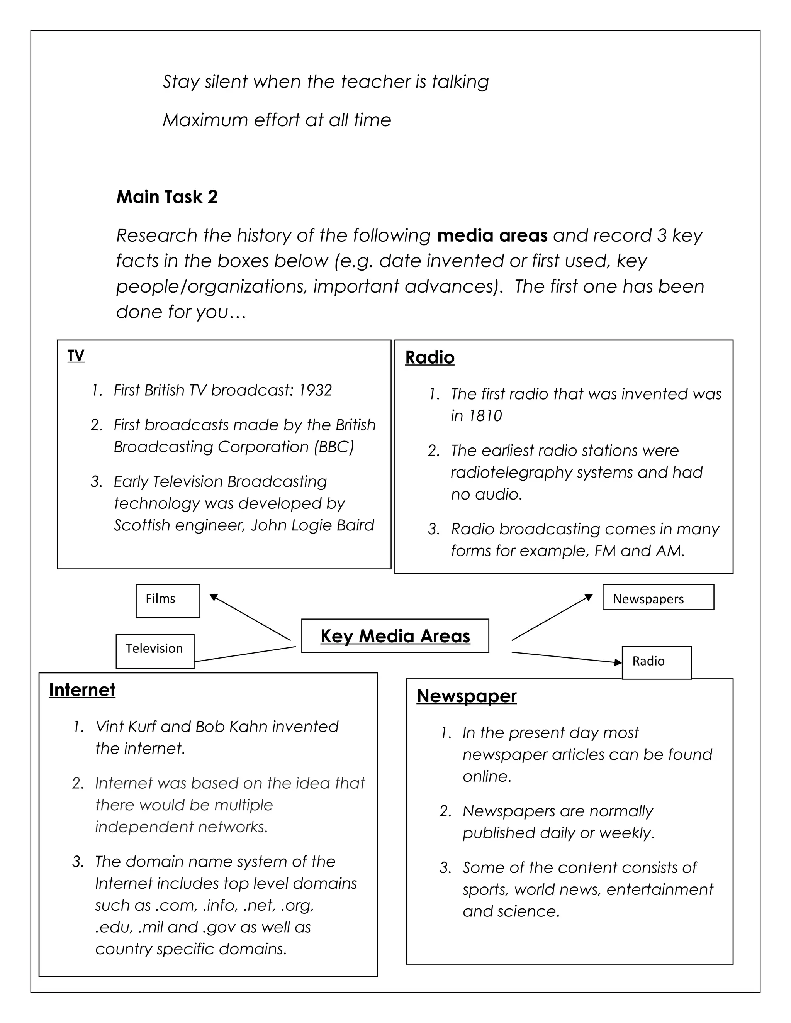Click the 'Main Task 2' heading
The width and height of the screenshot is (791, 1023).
pos(167,197)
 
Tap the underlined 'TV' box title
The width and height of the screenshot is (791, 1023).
pos(75,356)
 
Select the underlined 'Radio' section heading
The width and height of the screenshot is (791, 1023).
pos(430,358)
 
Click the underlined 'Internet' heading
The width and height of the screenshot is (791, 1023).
pos(82,691)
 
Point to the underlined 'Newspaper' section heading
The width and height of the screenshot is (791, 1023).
pos(466,696)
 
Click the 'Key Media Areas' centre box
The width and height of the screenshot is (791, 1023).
pos(395,636)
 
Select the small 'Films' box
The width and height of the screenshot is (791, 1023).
pos(168,601)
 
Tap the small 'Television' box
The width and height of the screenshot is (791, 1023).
pos(154,651)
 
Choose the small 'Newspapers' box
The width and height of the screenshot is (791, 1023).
pos(658,597)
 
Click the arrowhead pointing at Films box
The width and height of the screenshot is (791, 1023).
pos(213,597)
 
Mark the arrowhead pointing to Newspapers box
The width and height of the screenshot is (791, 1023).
pos(589,597)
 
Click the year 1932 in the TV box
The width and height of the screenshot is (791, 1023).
pos(316,390)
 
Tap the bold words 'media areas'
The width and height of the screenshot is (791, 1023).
pos(492,235)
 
